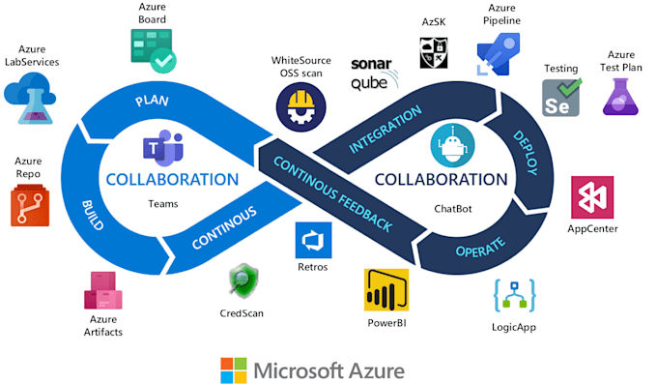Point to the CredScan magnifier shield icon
point(242,281)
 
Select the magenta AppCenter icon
point(590,197)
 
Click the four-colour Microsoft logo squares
point(233,369)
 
